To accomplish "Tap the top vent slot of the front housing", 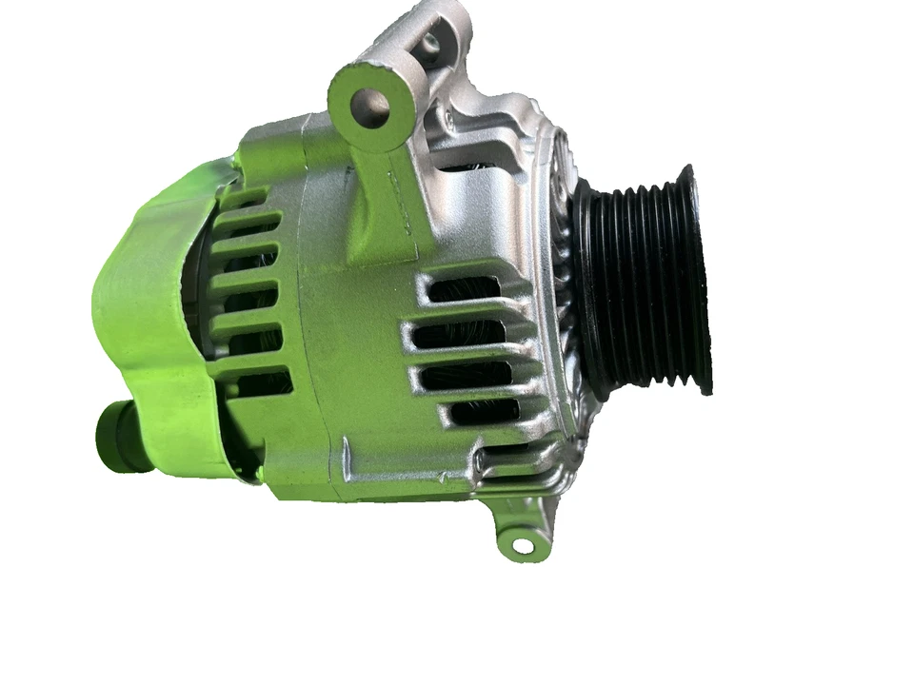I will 465,286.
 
